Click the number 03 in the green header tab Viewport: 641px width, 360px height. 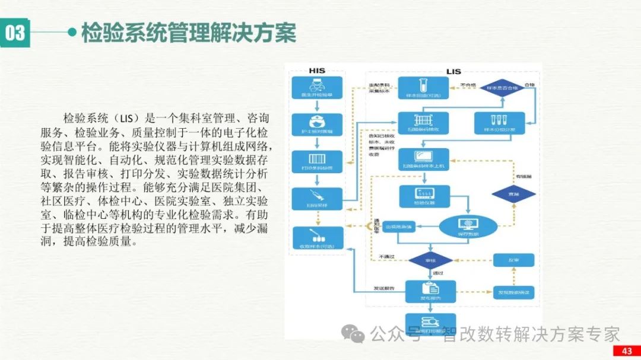(16, 33)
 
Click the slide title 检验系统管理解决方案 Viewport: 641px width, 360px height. (188, 33)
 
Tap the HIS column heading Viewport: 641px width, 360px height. (317, 71)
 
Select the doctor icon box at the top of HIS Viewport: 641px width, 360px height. (317, 88)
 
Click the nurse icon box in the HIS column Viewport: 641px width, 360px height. (317, 125)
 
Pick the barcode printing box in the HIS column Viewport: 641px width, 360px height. (317, 162)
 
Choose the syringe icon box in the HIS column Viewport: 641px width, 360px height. (317, 199)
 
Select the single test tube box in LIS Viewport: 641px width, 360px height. (423, 88)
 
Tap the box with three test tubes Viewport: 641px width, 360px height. (499, 123)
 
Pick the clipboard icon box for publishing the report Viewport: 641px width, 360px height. (430, 291)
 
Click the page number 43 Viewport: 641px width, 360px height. (626, 351)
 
